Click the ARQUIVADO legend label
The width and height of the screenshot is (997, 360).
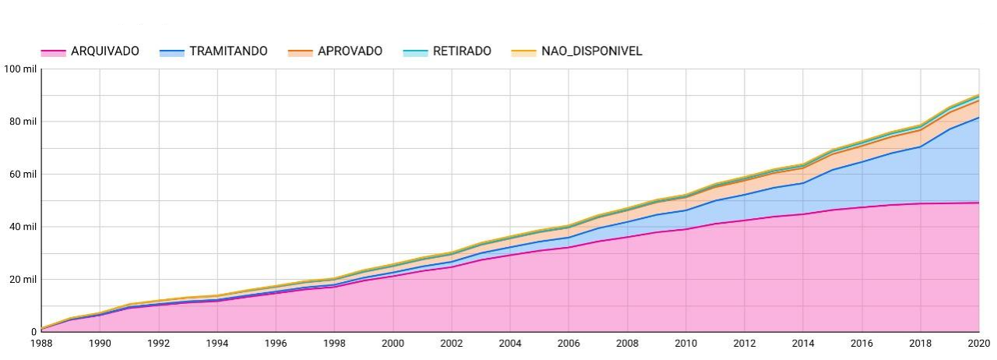[104, 51]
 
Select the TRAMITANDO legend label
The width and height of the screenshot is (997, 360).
[228, 51]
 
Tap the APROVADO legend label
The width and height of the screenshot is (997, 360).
[350, 51]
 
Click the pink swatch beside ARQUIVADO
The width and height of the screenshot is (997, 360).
[53, 52]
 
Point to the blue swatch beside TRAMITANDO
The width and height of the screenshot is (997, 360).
[172, 52]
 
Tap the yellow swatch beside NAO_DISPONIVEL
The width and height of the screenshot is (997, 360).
[523, 52]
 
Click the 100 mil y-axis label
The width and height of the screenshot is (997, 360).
[20, 69]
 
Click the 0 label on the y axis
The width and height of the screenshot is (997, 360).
[33, 332]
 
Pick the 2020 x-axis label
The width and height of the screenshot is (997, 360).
[978, 344]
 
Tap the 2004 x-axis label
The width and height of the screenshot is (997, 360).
[509, 344]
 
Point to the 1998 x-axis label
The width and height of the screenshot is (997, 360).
[334, 344]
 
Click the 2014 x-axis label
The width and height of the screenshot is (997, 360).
[802, 344]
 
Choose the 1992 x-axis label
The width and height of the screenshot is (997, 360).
[158, 344]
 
